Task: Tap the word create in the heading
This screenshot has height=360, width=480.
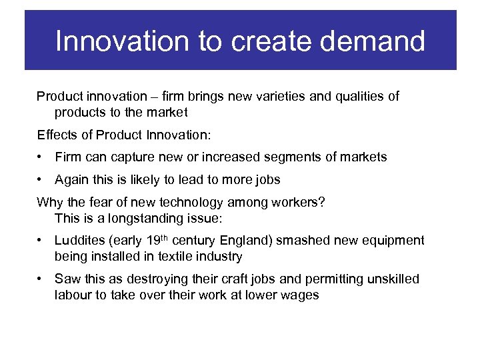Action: tap(260, 41)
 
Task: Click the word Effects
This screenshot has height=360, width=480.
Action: tap(57, 135)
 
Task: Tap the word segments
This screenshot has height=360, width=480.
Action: tap(293, 157)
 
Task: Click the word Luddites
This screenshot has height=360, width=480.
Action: tap(79, 241)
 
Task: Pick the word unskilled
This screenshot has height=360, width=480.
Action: tap(393, 279)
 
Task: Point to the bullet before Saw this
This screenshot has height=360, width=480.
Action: tap(41, 279)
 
